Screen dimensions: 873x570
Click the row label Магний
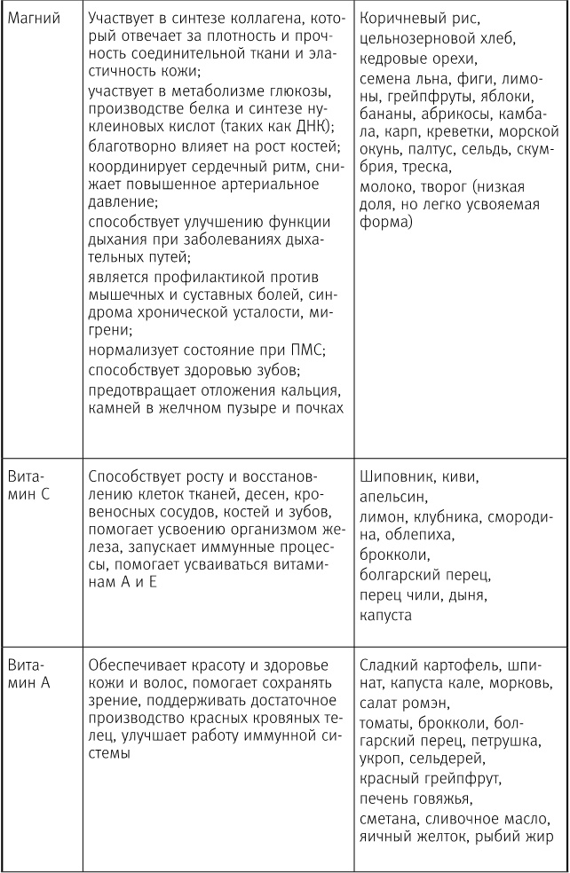click(x=33, y=20)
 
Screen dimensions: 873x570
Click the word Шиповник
click(x=400, y=476)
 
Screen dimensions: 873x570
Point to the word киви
click(x=461, y=476)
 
